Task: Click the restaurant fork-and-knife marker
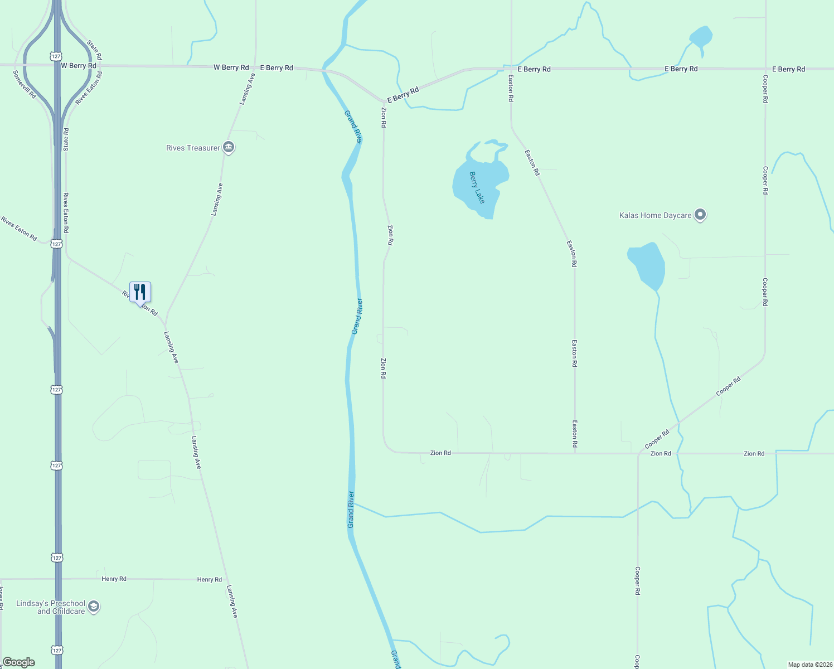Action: pyautogui.click(x=140, y=292)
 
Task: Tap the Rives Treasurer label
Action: pyautogui.click(x=193, y=148)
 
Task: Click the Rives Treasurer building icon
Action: pyautogui.click(x=228, y=147)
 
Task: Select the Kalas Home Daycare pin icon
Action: pyautogui.click(x=701, y=215)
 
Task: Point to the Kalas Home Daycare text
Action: pyautogui.click(x=655, y=215)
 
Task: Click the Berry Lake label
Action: pyautogui.click(x=477, y=187)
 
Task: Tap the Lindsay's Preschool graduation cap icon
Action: pyautogui.click(x=94, y=607)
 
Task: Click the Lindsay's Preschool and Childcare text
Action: pyautogui.click(x=51, y=607)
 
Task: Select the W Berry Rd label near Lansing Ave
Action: pyautogui.click(x=231, y=67)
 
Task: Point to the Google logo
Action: pyautogui.click(x=18, y=662)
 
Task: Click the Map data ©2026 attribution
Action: pyautogui.click(x=809, y=665)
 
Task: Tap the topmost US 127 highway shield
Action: pyautogui.click(x=55, y=56)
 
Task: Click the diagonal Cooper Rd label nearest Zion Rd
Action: pyautogui.click(x=657, y=439)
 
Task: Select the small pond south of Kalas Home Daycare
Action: pyautogui.click(x=647, y=264)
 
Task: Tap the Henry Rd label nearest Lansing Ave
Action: pyautogui.click(x=210, y=580)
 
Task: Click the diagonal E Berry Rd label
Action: pyautogui.click(x=403, y=95)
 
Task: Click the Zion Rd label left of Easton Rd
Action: pyautogui.click(x=440, y=453)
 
